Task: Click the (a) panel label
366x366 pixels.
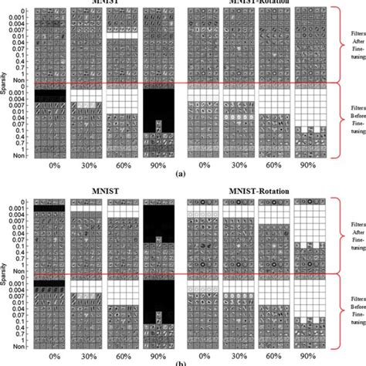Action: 180,174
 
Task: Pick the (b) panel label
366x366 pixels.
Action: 180,362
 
